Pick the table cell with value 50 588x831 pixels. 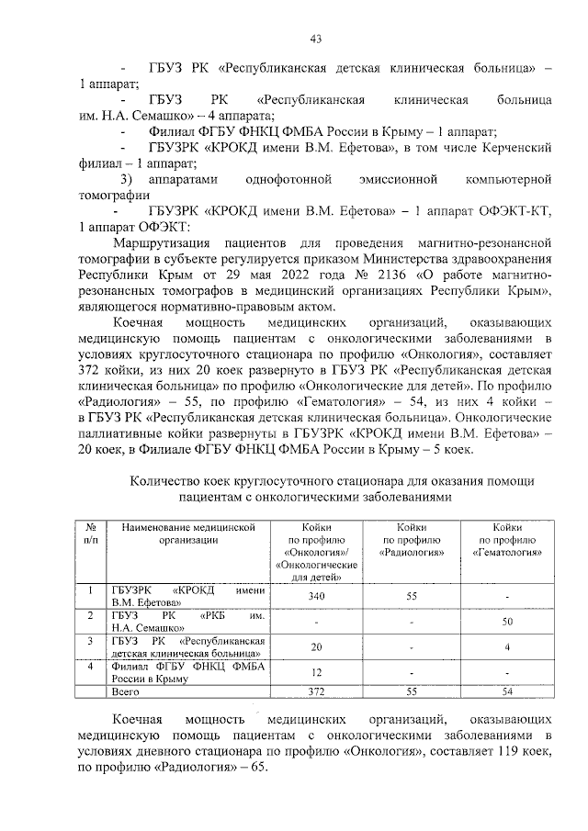point(507,622)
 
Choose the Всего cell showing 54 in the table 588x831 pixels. point(507,691)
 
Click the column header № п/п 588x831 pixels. point(92,533)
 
